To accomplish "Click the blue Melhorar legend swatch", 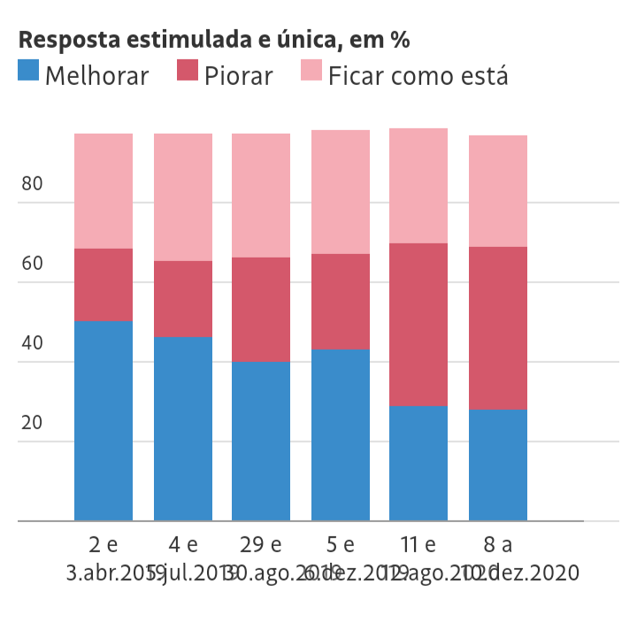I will click(28, 71).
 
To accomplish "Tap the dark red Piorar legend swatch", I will click(188, 71).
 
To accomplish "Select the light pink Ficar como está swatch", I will click(311, 71).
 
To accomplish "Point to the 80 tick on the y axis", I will click(32, 184).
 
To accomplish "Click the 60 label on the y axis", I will click(32, 264).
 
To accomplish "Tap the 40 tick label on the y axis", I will click(32, 343).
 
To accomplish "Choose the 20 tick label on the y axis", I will click(32, 423).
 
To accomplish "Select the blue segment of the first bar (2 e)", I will click(104, 421).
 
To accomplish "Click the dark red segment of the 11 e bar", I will click(418, 325).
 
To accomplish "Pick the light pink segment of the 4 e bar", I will click(183, 197).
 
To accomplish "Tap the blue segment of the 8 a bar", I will click(498, 465).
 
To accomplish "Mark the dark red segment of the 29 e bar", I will click(261, 310).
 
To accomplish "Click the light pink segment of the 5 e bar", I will click(341, 192).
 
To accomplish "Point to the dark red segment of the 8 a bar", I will click(498, 328).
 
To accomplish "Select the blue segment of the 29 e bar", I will click(261, 442).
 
